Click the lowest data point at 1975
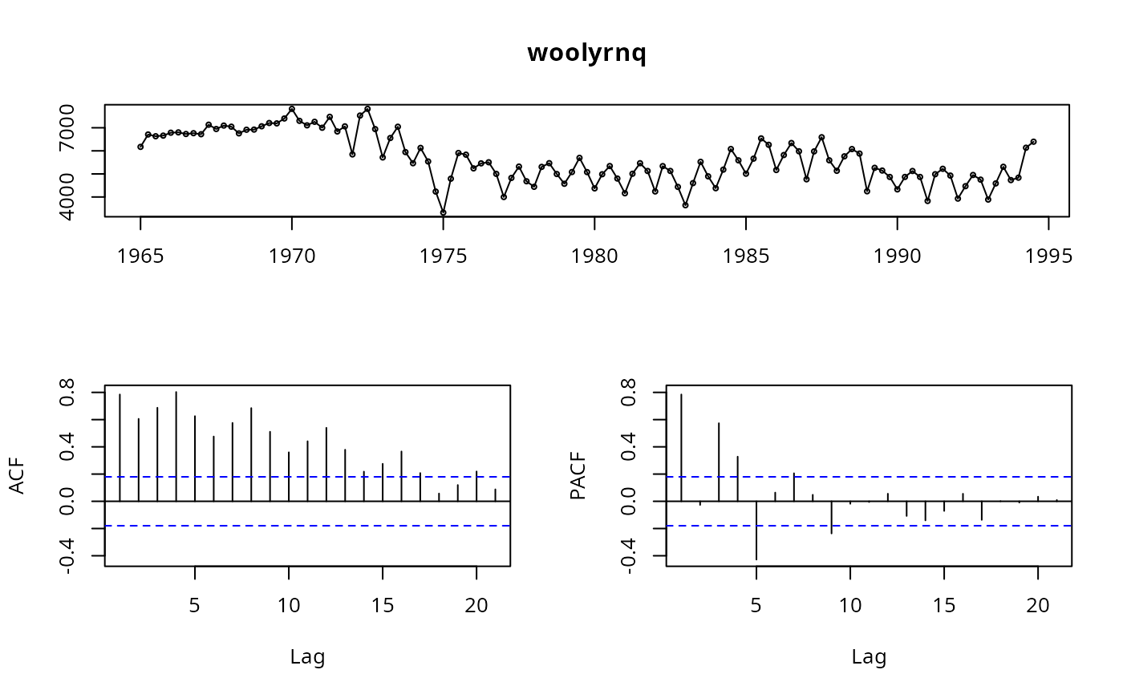(x=443, y=212)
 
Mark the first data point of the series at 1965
(x=140, y=147)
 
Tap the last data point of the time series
(x=1033, y=142)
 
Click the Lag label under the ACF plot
(x=307, y=658)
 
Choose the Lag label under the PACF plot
(x=869, y=658)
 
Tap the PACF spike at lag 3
(x=719, y=462)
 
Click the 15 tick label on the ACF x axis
(x=383, y=607)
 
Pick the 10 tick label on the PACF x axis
(x=850, y=607)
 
